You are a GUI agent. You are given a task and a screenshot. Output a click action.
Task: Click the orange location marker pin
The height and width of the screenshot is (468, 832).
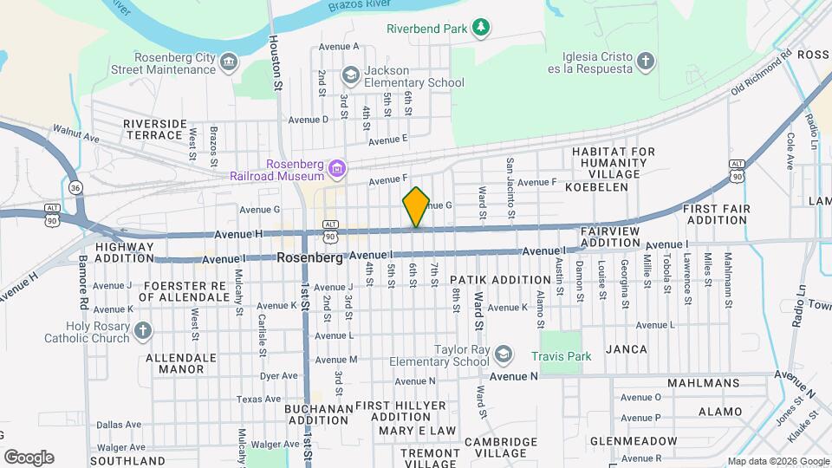416,207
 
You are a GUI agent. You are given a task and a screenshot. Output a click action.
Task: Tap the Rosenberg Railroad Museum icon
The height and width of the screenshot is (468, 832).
340,167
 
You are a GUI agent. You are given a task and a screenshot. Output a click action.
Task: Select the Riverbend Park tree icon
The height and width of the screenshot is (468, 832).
481,29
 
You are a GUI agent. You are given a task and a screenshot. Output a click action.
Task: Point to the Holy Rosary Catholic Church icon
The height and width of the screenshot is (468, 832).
143,330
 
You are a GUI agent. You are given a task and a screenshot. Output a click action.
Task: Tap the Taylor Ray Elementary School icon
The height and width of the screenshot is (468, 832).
504,354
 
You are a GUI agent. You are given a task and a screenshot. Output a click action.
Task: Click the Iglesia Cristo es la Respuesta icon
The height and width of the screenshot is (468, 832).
644,61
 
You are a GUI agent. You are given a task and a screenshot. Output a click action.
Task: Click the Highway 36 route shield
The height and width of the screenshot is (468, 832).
75,187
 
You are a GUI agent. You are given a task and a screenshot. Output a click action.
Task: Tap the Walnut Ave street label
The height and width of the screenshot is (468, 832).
76,136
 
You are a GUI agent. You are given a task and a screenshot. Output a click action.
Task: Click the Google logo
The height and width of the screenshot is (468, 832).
29,457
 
